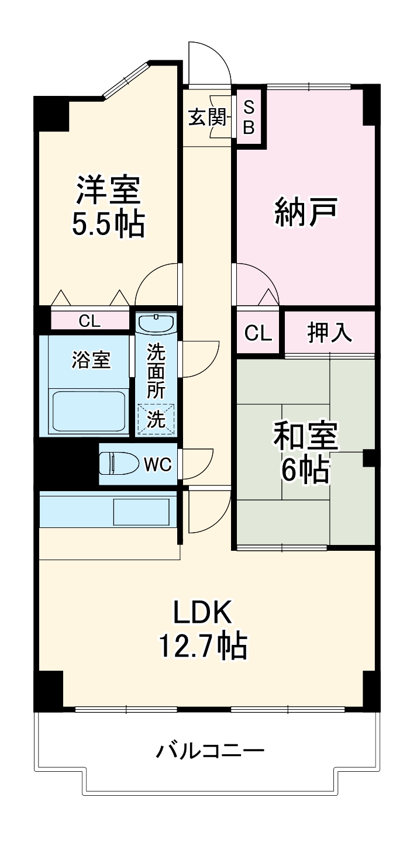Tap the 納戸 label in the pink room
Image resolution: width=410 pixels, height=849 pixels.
point(305,213)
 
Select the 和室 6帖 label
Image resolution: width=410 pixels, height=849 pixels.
point(305,453)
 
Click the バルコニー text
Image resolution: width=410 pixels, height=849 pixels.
point(209,750)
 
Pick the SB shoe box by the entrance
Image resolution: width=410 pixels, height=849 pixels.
point(249,117)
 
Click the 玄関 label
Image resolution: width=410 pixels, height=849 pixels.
point(206,118)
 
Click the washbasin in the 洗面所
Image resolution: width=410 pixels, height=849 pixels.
point(156,324)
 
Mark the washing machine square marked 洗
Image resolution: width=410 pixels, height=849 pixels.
point(156,419)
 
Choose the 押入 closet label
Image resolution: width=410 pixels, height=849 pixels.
point(330,333)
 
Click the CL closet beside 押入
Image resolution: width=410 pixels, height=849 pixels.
point(259,333)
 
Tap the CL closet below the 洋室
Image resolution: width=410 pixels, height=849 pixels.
point(89,320)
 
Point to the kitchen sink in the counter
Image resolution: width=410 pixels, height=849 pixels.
point(141,512)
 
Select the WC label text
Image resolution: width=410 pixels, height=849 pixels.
point(157,465)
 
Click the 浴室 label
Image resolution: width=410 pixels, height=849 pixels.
point(91,360)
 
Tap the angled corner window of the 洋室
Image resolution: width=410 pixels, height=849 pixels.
point(126,81)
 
